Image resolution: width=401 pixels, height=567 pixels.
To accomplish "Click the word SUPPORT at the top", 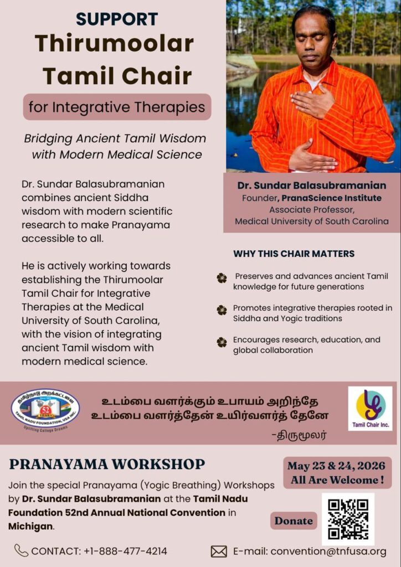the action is click(117, 19).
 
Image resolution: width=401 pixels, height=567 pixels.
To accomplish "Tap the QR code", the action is click(348, 519).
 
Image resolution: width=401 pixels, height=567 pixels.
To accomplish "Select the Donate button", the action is click(294, 520).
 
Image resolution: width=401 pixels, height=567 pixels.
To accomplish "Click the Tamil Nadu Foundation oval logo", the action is click(45, 409).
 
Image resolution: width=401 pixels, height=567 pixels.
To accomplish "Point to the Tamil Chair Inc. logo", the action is click(371, 408).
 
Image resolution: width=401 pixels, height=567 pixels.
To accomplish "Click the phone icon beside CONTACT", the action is click(22, 551).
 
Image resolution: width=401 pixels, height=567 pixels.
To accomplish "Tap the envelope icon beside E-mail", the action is click(219, 551).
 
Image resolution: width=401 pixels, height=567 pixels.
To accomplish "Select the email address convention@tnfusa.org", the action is click(328, 551).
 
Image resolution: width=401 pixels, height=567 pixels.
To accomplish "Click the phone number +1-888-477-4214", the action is click(126, 551).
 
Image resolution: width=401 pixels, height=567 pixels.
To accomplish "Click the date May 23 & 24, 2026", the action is click(336, 466).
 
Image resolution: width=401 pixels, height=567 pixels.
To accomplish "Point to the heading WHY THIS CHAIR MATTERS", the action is click(294, 254).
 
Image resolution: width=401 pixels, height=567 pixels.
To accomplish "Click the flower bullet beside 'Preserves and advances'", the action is click(222, 278).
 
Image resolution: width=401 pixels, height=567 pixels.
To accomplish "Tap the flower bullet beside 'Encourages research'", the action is click(222, 342).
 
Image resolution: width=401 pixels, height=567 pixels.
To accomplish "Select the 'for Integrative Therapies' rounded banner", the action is click(117, 107).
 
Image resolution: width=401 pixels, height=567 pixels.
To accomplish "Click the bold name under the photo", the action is click(312, 185).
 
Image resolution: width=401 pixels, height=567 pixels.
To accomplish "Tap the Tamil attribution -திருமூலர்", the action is click(299, 435).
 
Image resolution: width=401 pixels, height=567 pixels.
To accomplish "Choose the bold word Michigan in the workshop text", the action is click(30, 526).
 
